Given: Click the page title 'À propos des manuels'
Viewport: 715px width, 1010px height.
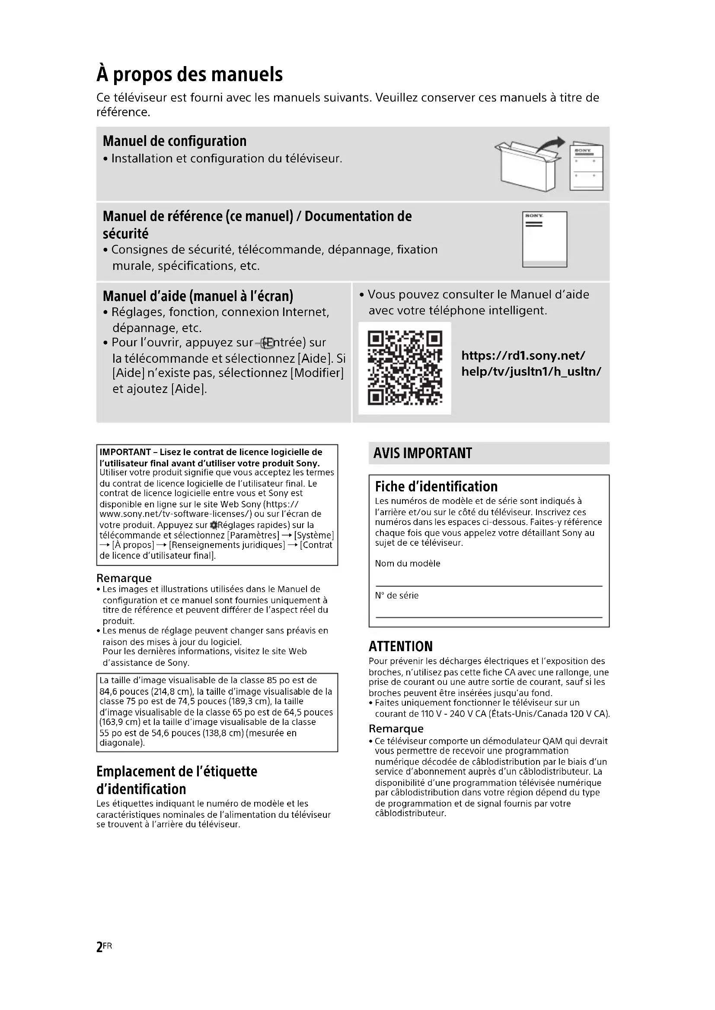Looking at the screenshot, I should [189, 74].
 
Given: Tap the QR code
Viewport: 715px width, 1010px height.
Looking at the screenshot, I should [405, 368].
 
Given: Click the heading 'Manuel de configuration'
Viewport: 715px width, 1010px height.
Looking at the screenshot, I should [174, 141].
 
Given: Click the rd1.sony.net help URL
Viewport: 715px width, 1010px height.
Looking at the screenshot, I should [530, 363].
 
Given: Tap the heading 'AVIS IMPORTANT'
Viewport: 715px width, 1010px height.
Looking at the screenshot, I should [422, 453].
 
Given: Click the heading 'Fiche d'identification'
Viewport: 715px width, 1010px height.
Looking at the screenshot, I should [436, 487].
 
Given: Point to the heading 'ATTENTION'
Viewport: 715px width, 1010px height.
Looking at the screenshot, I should [400, 646].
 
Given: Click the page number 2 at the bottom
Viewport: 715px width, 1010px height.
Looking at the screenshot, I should [99, 947].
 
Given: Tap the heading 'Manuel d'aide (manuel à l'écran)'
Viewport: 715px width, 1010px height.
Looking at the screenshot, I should [198, 296].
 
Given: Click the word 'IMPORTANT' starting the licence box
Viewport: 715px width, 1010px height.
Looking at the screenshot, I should [125, 452].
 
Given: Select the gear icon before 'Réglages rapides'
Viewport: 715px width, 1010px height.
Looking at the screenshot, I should [214, 525].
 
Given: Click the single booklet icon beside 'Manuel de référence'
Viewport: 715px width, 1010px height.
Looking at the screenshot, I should [544, 239].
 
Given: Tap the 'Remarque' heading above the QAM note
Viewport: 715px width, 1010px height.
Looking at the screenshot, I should [396, 729].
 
